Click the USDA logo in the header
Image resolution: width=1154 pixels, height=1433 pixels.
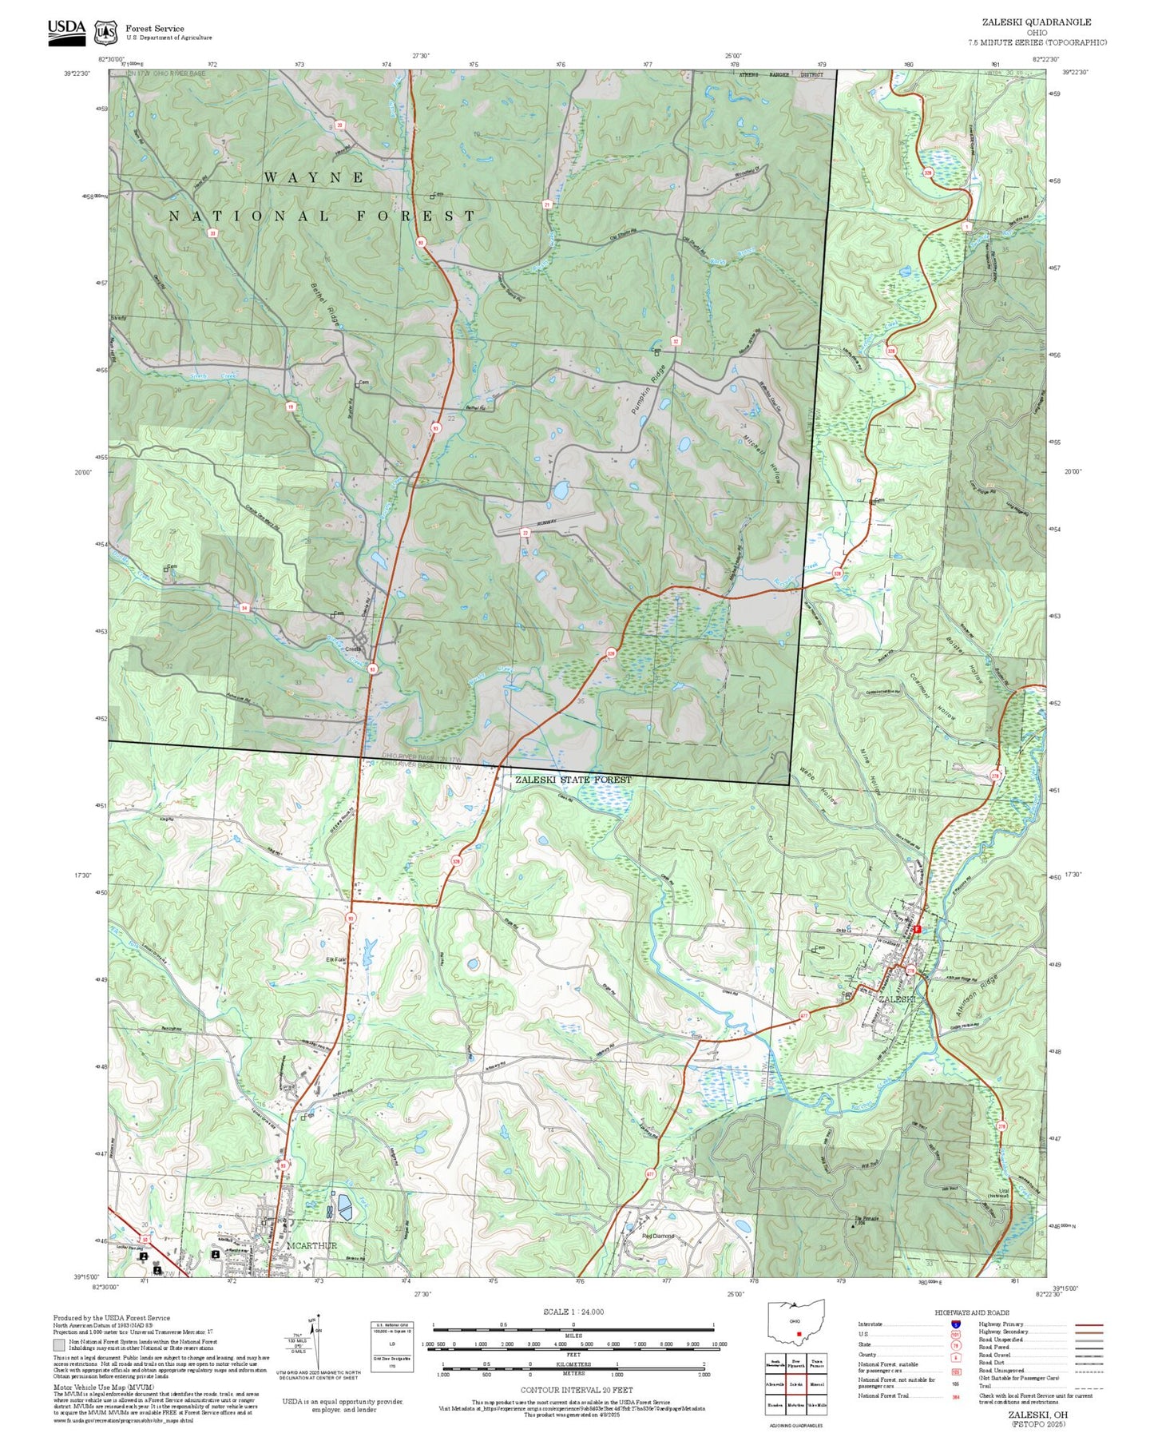[65, 30]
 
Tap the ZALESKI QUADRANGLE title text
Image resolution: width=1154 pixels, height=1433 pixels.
[1036, 22]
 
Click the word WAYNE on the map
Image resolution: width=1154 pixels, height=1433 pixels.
[314, 177]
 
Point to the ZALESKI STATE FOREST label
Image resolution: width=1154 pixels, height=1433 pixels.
[573, 780]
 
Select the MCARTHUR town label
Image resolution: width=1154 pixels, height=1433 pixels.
[311, 1245]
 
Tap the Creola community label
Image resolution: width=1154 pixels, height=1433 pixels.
[353, 649]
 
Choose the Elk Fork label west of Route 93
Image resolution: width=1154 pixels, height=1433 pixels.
[335, 959]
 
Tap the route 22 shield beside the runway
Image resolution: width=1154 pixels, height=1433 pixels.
[525, 532]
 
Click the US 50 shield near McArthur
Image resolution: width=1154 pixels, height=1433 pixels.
[145, 1239]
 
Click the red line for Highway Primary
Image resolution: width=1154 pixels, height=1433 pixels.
[1089, 1324]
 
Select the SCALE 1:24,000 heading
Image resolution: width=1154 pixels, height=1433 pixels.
[573, 1312]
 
